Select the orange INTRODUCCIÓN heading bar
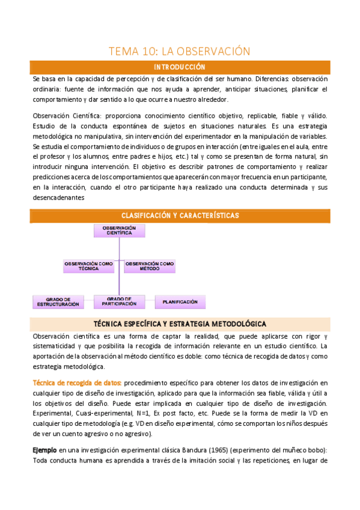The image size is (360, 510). (180, 67)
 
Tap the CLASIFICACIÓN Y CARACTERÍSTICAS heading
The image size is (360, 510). (180, 215)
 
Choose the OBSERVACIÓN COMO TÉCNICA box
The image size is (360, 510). (88, 265)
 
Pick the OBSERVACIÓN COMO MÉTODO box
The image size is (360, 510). (150, 265)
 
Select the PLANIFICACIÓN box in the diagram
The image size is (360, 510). (180, 301)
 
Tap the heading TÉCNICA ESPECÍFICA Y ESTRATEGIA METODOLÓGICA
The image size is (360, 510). (180, 324)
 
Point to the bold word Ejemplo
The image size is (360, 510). (44, 449)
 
